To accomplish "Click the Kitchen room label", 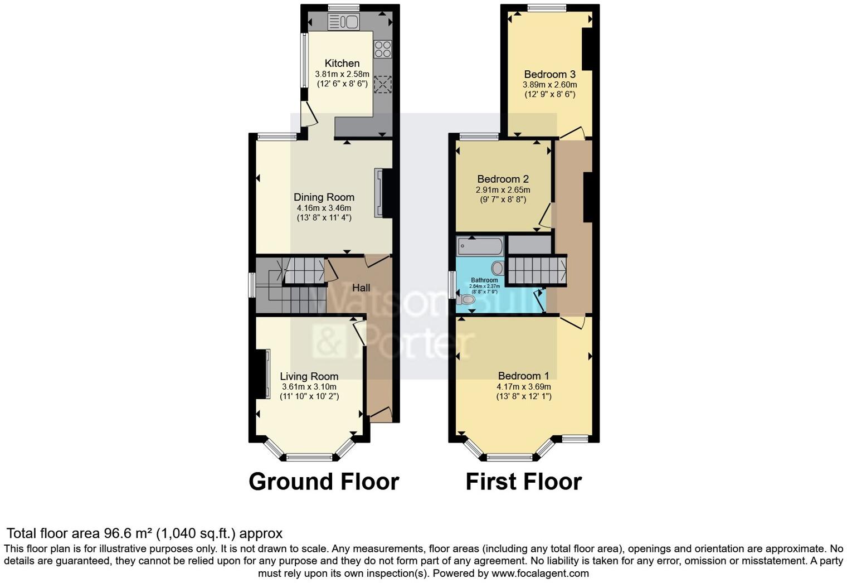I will [x=342, y=63].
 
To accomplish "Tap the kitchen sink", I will [x=343, y=22].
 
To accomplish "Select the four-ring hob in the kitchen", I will [x=383, y=49].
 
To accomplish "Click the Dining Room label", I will [x=324, y=197].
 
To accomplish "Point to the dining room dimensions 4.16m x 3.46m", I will [x=324, y=208].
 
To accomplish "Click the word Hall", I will [x=361, y=288].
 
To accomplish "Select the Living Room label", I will [x=309, y=376].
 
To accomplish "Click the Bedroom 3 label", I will [x=549, y=74].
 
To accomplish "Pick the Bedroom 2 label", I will [x=503, y=179].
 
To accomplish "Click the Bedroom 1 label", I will [x=523, y=376].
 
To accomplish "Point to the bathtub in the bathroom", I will [x=480, y=245].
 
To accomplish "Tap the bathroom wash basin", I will [x=497, y=268].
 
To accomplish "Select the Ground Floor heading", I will [x=324, y=482].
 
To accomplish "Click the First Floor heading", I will [x=523, y=482].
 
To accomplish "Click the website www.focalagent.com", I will [x=539, y=573].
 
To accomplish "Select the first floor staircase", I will [x=537, y=270].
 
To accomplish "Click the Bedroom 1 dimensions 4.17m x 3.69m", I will [x=523, y=387].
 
